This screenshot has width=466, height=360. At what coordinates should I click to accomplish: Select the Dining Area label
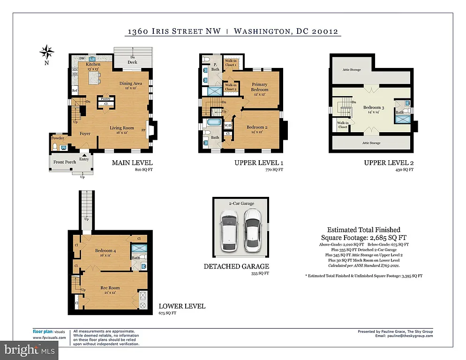pos(130,83)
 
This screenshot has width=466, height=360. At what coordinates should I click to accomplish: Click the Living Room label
pos(122,127)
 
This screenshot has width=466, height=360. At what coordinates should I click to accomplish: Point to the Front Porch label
pos(65,162)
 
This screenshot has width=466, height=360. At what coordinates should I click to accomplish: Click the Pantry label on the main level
pos(105,99)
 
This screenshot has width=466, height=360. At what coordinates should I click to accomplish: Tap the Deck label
pos(133,61)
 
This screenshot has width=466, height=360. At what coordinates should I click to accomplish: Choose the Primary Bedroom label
pos(259,87)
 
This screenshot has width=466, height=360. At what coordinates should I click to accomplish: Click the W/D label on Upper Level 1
pos(228,125)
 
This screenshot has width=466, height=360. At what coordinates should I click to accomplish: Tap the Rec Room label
pos(110,287)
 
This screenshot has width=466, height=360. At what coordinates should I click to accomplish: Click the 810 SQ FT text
pos(143,170)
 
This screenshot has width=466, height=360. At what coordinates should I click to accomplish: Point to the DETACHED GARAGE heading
pos(236,266)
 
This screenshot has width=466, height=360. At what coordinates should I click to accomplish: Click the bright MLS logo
pos(29,349)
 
